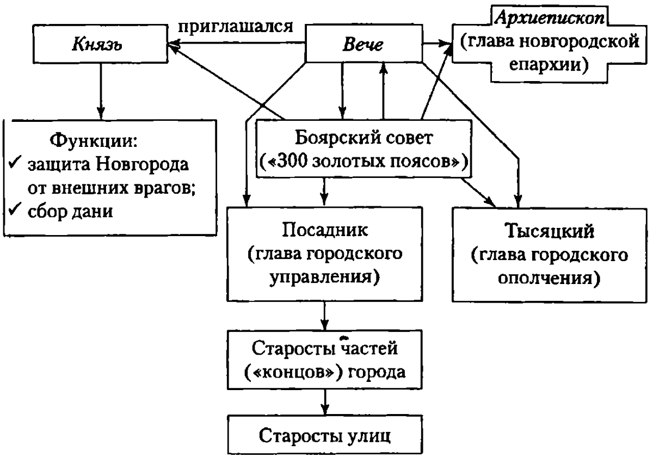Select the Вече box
[x=362, y=44]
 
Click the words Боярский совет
[x=364, y=138]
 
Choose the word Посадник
[x=325, y=229]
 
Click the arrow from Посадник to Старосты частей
[x=325, y=314]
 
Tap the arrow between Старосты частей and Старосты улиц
[x=325, y=403]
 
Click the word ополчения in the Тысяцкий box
[x=549, y=278]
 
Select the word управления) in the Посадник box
[x=325, y=277]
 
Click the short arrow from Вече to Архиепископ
[x=437, y=42]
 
